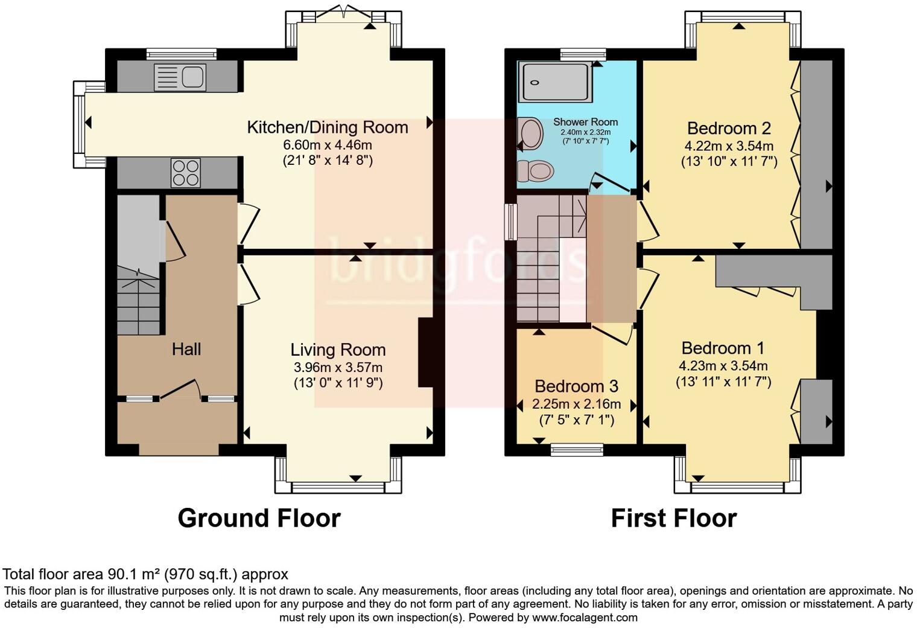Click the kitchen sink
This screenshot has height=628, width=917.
tap(180, 77)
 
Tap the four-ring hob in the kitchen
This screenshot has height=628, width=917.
tap(186, 172)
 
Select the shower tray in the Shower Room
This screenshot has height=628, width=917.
tap(555, 82)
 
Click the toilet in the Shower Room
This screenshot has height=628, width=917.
tap(535, 171)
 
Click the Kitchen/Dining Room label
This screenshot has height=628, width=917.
tap(328, 127)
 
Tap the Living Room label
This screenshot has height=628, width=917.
tap(338, 350)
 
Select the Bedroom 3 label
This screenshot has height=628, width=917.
tap(576, 386)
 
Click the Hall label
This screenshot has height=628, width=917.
tap(186, 349)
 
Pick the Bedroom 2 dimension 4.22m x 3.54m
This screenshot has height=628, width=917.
tap(729, 146)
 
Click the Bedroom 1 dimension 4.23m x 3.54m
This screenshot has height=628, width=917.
tap(723, 365)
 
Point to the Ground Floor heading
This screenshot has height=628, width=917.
tap(259, 518)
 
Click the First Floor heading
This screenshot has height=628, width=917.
tap(673, 518)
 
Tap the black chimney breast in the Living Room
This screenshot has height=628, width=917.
tap(425, 352)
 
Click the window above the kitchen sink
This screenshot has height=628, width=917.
tap(181, 54)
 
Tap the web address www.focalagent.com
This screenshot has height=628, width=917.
tap(585, 618)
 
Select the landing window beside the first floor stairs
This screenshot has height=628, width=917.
tap(511, 222)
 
